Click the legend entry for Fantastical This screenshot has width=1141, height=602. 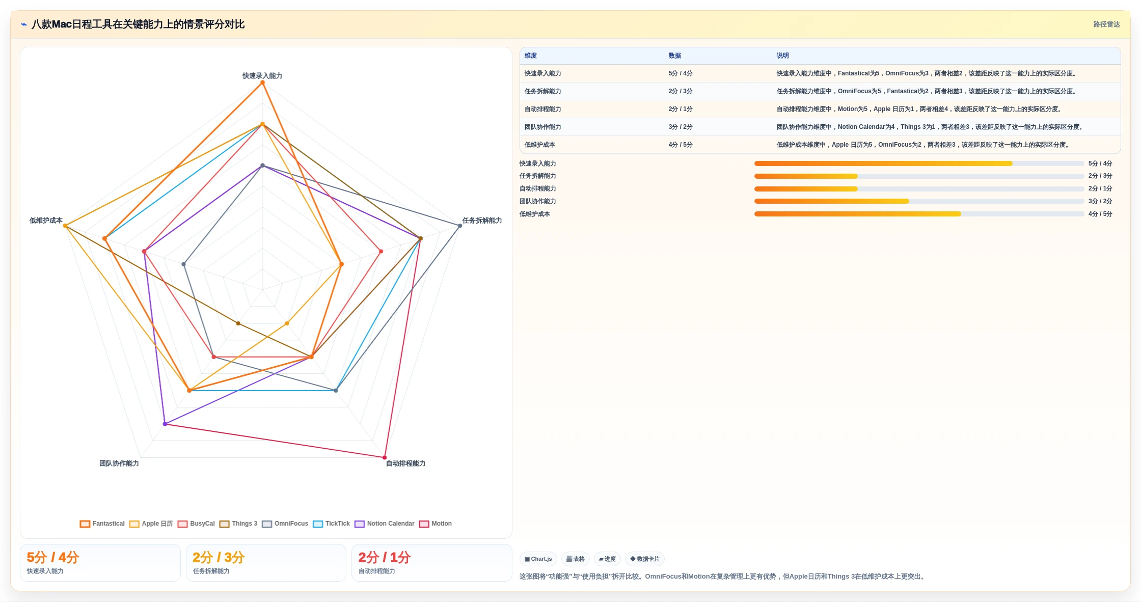tap(102, 524)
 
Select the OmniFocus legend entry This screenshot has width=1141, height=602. tap(285, 524)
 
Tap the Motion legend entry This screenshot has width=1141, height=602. tap(436, 524)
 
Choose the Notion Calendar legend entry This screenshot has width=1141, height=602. tap(385, 524)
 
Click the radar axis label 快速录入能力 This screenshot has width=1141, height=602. tap(262, 76)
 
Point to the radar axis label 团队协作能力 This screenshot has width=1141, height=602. tap(119, 463)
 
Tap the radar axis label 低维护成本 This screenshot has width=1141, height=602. tap(46, 221)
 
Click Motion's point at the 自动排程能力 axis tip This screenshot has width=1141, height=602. tap(385, 457)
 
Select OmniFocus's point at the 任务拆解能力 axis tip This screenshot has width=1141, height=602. tap(460, 226)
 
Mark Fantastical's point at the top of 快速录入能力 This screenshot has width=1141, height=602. tap(262, 83)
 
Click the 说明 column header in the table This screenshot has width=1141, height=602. tap(782, 56)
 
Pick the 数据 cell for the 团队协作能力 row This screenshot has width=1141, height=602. tap(681, 127)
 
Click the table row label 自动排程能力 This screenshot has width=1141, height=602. tap(543, 109)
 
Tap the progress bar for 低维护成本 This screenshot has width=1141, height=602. tap(919, 214)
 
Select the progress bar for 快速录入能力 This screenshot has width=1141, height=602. tap(919, 163)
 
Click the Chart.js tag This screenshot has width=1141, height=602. tap(538, 559)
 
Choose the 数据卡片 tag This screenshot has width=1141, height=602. tap(645, 559)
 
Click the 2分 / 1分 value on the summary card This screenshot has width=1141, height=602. tap(385, 558)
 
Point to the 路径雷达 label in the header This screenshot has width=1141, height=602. tap(1106, 24)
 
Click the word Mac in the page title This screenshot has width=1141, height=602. tap(62, 24)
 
